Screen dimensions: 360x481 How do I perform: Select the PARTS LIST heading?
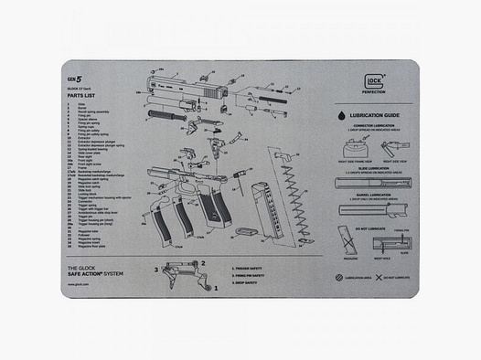click(x=80, y=96)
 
